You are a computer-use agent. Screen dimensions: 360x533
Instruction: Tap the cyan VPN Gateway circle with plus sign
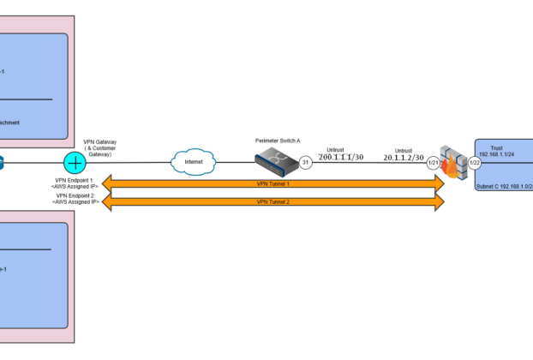click(75, 162)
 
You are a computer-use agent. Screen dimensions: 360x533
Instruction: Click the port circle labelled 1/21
click(434, 162)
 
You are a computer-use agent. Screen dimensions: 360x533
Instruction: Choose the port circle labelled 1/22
click(473, 162)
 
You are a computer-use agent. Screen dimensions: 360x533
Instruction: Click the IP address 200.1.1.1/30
click(340, 158)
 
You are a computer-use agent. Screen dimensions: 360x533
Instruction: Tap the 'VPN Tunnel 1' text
click(273, 183)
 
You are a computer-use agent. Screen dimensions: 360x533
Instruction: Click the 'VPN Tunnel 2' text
click(273, 201)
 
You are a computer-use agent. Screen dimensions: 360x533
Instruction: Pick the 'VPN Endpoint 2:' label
click(76, 195)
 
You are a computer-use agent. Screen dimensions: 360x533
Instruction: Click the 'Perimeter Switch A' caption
click(278, 139)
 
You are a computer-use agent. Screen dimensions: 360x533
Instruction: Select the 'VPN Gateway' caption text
click(100, 141)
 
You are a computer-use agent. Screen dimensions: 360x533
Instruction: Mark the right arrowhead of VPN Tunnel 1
click(439, 183)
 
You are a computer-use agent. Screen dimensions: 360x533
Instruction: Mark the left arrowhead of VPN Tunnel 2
click(108, 201)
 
